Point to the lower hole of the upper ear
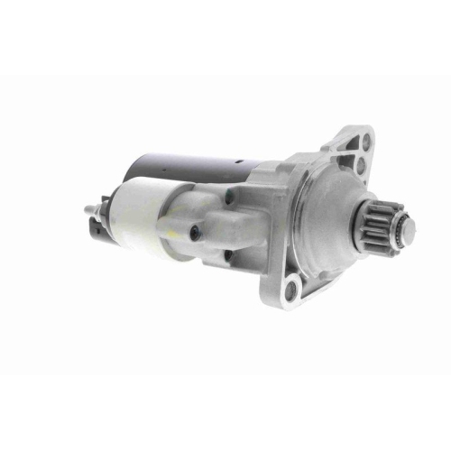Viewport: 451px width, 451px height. pos(361,166)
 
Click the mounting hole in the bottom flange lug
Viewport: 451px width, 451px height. pos(290,289)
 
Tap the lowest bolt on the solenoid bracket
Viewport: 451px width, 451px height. pos(227,256)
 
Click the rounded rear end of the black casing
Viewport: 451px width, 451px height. pos(131,171)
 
